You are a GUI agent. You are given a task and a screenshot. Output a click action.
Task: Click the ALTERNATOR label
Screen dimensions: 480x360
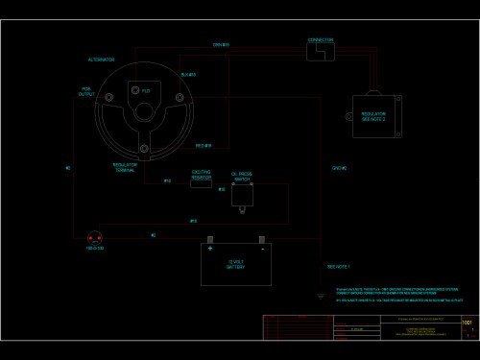[x=101, y=60]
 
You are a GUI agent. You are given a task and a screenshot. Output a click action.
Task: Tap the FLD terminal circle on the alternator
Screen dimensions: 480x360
[x=134, y=90]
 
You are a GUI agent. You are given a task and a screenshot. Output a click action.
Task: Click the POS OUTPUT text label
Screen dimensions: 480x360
[x=86, y=92]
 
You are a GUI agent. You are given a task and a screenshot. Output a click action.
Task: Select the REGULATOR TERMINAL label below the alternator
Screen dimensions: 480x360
[x=125, y=166]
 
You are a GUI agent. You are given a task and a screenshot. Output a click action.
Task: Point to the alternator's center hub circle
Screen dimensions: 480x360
[x=144, y=110]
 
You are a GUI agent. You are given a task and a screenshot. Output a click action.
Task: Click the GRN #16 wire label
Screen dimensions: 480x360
[x=221, y=45]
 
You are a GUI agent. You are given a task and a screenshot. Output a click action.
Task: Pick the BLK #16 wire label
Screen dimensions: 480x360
[x=188, y=74]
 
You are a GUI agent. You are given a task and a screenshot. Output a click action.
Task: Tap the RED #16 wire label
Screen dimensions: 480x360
[x=204, y=146]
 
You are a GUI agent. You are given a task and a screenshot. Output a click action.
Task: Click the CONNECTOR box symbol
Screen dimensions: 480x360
[x=320, y=51]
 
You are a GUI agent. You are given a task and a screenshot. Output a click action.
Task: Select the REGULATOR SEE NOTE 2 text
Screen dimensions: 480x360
[x=373, y=116]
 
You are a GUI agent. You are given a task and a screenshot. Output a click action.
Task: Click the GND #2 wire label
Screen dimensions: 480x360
[x=339, y=168]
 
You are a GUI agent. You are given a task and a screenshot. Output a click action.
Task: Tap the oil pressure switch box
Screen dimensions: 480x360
[x=242, y=196]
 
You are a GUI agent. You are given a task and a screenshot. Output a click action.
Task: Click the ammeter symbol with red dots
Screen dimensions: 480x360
[x=95, y=237]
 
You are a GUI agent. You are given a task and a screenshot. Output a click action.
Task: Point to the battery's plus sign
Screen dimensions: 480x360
[x=210, y=249]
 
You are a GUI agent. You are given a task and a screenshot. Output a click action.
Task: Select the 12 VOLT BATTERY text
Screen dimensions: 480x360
[x=236, y=265]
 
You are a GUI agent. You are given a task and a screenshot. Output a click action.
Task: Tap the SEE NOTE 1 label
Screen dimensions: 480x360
[x=339, y=266]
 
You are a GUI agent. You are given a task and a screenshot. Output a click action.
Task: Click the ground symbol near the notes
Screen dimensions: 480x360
[x=321, y=296]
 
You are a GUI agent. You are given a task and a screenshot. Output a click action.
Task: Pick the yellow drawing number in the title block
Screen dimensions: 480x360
[x=468, y=324]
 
